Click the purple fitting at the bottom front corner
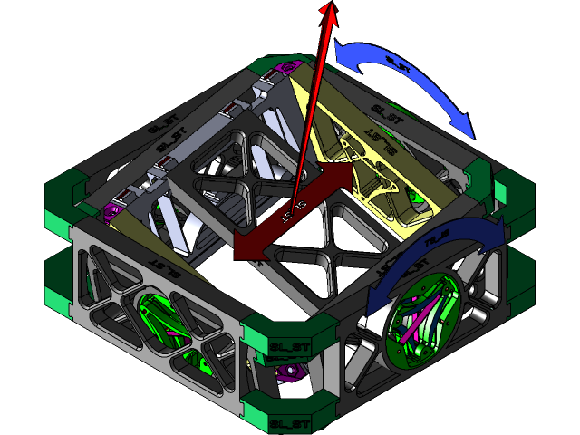point(287,373)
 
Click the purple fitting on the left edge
point(114,210)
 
